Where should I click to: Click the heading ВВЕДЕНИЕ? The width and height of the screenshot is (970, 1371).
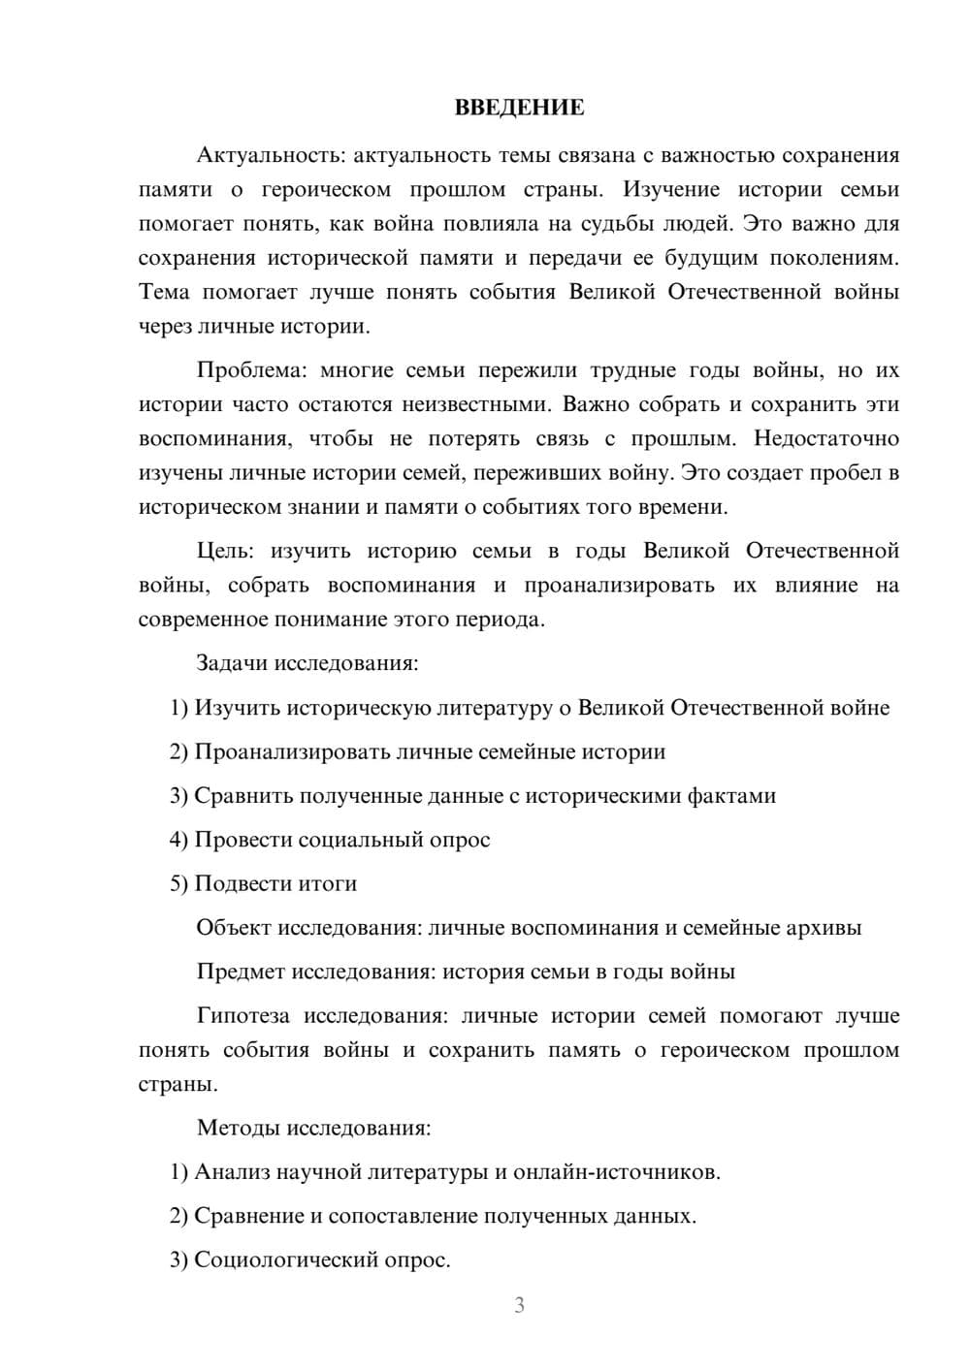(519, 108)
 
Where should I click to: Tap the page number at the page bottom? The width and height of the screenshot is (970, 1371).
(519, 1305)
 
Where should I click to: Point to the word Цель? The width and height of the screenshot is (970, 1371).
(226, 551)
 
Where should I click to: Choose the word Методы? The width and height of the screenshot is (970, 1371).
(236, 1128)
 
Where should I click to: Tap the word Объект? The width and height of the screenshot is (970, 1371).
(234, 928)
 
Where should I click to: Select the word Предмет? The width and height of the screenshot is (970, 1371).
(241, 972)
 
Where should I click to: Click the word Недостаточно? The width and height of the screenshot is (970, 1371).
(826, 438)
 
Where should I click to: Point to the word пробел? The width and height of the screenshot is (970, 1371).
(848, 473)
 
